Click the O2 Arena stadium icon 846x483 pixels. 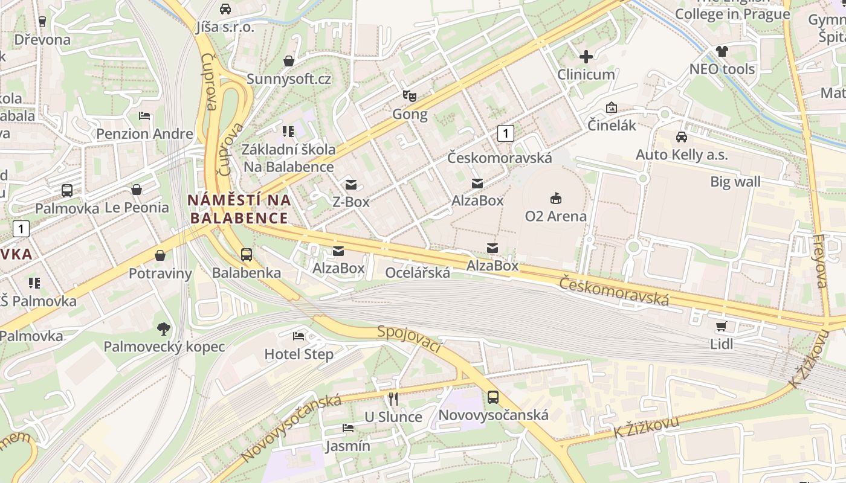point(555,198)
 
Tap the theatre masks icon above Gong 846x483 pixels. point(410,96)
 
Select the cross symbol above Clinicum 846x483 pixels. point(586,57)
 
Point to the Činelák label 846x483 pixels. point(612,125)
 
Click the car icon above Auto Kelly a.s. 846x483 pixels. point(682,137)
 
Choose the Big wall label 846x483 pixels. point(735,182)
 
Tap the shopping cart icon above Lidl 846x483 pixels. point(721,327)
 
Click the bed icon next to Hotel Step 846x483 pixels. point(299,336)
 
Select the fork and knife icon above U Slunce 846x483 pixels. point(393,399)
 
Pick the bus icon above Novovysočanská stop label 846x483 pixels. point(493,397)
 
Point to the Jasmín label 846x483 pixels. point(347,446)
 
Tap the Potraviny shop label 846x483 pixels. point(160,273)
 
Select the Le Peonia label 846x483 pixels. point(137,208)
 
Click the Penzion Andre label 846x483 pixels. point(144,133)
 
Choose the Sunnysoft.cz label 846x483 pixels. point(289,79)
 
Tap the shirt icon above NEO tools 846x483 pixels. point(722,51)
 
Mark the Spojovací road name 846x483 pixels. point(410,339)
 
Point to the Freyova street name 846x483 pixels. point(820,261)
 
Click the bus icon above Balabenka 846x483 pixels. point(247,255)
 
